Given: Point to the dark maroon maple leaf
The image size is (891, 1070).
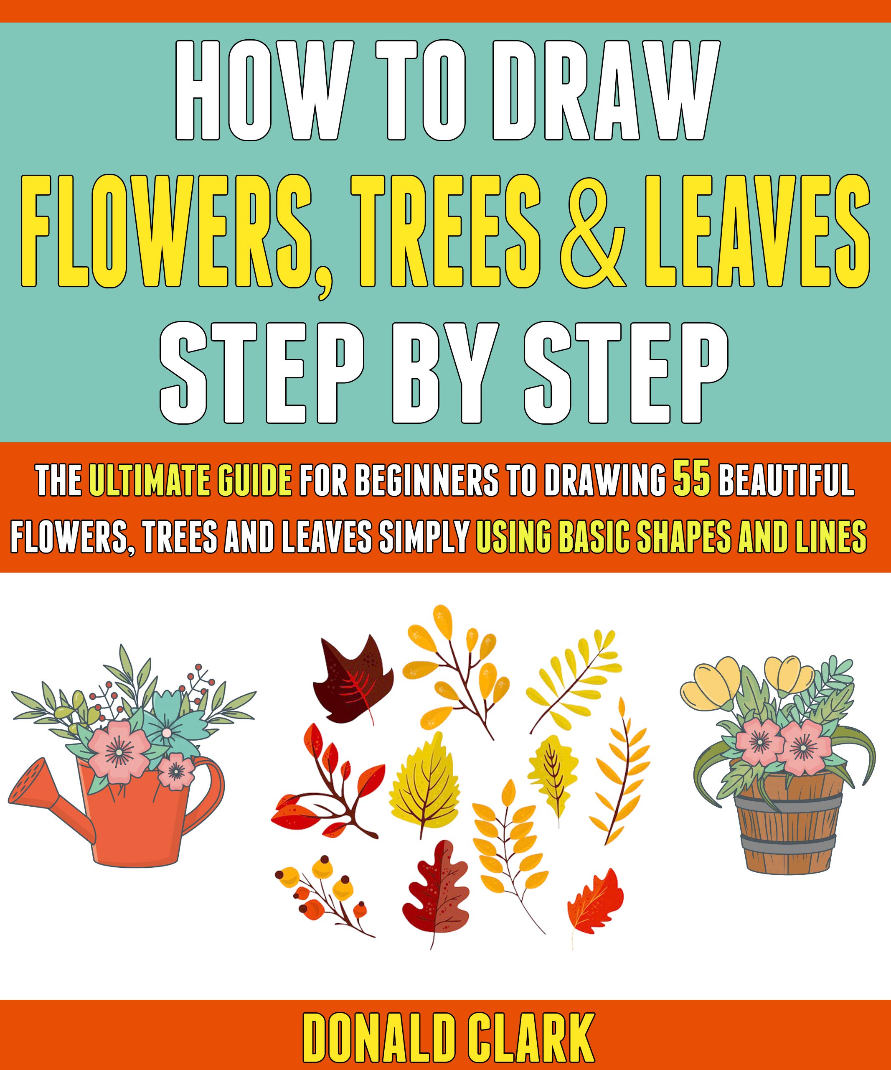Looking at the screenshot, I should (356, 678).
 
